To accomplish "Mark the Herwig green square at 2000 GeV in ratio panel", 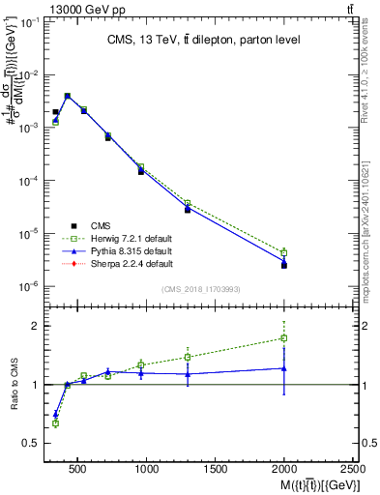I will click(284, 337).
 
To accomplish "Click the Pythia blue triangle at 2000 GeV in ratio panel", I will click(284, 367).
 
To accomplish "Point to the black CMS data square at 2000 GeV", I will click(284, 264).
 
